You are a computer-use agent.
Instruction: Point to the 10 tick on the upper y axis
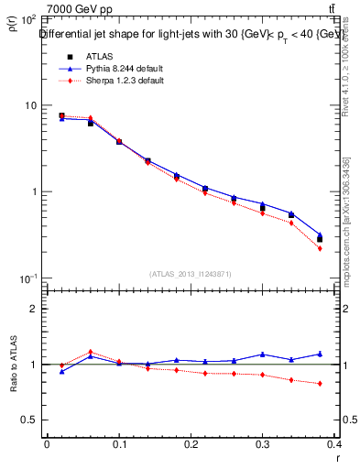point(28,105)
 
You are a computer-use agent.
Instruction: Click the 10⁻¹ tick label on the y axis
point(26,278)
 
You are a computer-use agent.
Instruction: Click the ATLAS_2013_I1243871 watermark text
point(191,274)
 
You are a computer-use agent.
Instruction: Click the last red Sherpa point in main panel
point(320,248)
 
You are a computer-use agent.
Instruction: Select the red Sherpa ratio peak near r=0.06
point(90,352)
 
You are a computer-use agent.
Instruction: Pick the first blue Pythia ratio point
point(61,371)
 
